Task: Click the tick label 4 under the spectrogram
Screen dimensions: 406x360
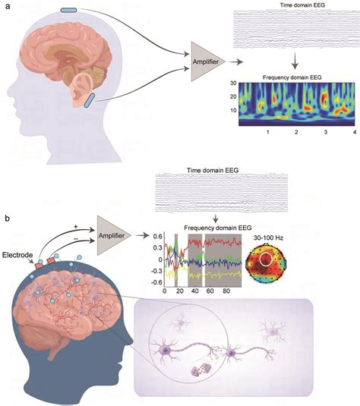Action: (354, 132)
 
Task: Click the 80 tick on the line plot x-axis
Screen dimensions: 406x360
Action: (232, 291)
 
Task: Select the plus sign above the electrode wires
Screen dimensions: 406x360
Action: (76, 225)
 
